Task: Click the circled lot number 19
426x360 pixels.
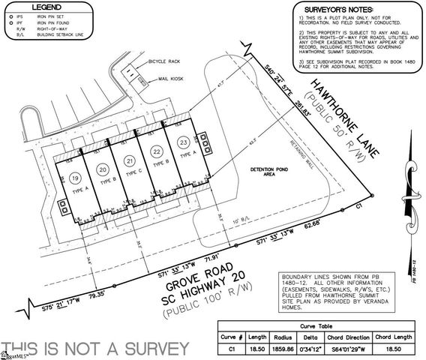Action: click(x=75, y=177)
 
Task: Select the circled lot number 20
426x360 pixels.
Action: click(x=103, y=170)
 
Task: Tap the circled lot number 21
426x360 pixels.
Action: click(x=130, y=162)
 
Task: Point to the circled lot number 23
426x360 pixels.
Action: click(x=182, y=141)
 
